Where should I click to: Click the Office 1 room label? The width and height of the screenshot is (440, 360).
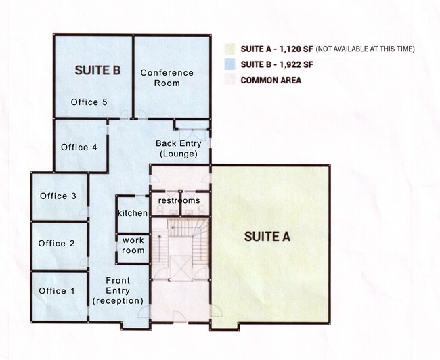pos(57,291)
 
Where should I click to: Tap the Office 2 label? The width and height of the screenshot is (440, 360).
pos(57,244)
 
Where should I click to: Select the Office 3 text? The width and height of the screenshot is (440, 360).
pos(58,196)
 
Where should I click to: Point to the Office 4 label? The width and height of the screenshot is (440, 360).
pos(79,148)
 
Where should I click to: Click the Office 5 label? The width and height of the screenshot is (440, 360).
pos(89,102)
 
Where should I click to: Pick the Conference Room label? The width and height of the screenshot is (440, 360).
pos(167,78)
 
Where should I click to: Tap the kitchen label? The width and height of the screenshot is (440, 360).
pos(133,213)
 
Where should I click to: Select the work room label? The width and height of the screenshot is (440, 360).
pos(133,245)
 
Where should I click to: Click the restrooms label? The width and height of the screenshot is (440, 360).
pos(179,200)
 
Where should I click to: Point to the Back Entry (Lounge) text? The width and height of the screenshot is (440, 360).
pos(179,149)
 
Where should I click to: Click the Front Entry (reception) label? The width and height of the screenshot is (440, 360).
pos(118,291)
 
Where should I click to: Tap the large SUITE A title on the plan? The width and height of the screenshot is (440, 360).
pos(267,237)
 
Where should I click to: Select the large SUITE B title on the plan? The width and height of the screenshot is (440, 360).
pos(97,70)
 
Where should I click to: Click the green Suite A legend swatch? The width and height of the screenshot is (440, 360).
pos(229,49)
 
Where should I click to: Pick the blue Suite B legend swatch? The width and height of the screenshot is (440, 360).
pos(229,64)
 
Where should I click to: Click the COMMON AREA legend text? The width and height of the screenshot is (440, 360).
pos(271,81)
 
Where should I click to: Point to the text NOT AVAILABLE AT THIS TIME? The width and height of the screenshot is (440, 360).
pos(365,49)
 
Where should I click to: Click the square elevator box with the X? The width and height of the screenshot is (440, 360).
pos(181,268)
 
